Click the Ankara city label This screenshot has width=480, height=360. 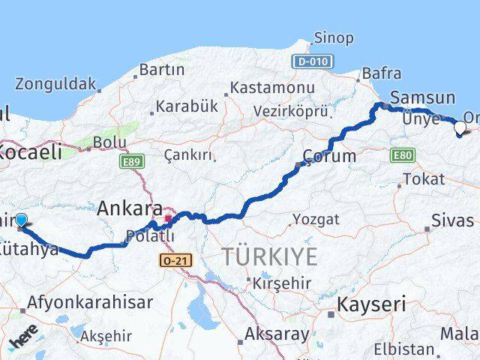pos(130,208)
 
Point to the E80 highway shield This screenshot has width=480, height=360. pos(402,154)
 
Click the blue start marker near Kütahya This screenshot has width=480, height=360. pos(21,220)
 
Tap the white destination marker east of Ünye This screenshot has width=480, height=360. pos(461,127)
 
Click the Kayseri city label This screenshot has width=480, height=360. pos(371,304)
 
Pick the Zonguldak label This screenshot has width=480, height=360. pos(56,83)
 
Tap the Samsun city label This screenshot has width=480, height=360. pos(423,97)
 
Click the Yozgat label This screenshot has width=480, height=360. pos(316,220)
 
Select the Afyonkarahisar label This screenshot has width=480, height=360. pos(89,303)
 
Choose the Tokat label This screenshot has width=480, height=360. pos(424,179)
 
